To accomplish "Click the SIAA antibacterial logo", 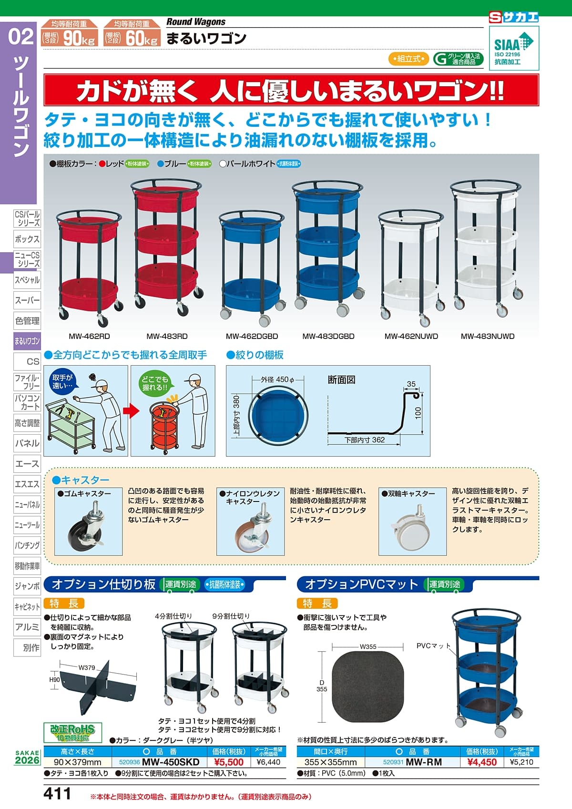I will click(x=514, y=48).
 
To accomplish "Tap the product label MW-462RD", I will click(x=89, y=336).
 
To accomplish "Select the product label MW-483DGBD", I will click(x=328, y=336).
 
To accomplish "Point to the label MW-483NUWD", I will click(x=487, y=336).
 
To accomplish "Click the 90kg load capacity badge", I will click(x=70, y=34).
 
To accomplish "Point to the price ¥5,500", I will click(x=229, y=762).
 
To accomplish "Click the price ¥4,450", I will click(x=482, y=762).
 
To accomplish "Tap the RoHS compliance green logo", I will click(x=73, y=732).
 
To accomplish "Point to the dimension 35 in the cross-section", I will click(x=411, y=384).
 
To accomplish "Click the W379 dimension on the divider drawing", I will click(x=87, y=668).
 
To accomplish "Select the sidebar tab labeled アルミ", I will click(x=27, y=627).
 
